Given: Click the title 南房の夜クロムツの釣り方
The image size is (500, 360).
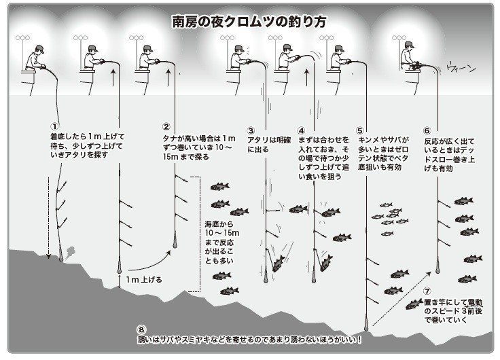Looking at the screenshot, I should click(249, 22).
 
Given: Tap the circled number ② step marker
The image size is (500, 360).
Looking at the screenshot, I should click(166, 126).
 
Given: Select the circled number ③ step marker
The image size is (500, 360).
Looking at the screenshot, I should click(251, 130).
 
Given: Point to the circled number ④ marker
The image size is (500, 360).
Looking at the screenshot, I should click(302, 130).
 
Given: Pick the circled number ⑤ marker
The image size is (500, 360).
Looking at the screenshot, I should click(361, 130).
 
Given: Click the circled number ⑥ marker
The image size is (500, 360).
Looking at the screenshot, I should click(427, 130).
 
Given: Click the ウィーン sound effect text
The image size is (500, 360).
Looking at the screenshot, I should click(462, 68).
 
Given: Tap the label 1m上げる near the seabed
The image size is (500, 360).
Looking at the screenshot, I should click(144, 279).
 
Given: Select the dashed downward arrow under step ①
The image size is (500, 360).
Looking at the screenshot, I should click(49, 217).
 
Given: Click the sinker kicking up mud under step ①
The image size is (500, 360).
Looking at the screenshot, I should click(63, 254).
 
